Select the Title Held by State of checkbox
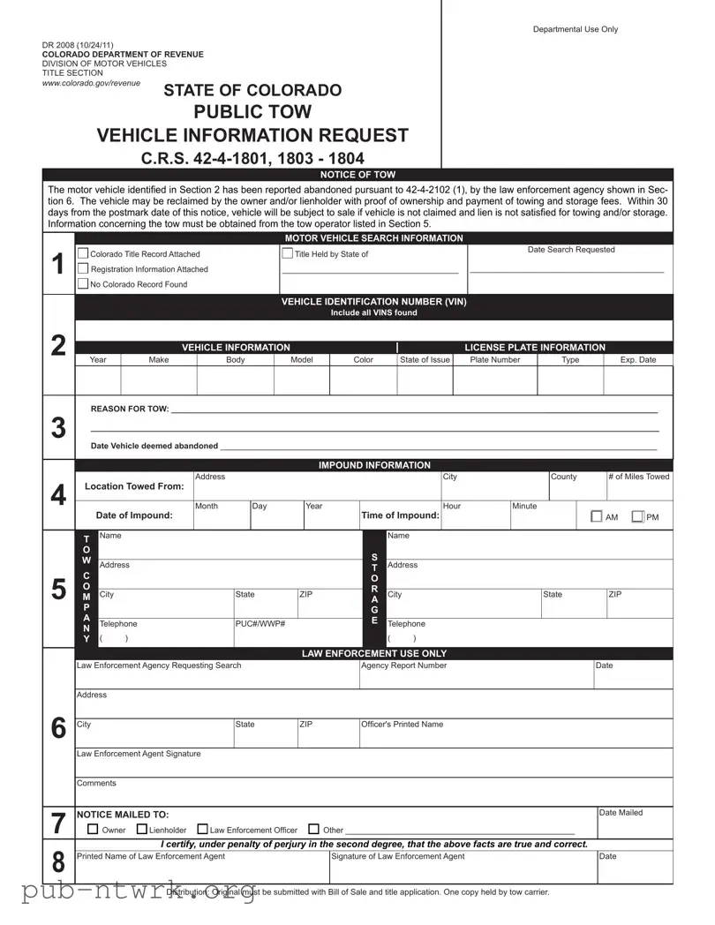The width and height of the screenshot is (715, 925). [288, 254]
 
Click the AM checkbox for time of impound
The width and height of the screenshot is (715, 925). [596, 517]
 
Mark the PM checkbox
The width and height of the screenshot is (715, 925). [637, 517]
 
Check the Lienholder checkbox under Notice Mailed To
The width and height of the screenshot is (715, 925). [142, 830]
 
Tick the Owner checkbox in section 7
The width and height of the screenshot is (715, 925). [94, 830]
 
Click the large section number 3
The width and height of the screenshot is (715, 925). [58, 429]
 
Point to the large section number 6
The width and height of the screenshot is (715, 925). [58, 728]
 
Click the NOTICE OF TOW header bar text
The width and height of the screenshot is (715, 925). [357, 175]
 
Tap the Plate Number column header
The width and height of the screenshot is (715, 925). [495, 360]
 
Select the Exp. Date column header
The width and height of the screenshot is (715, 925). [638, 360]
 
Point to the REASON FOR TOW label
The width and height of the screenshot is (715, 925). [129, 410]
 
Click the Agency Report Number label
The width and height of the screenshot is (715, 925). [403, 666]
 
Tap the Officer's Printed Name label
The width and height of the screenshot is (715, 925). [402, 725]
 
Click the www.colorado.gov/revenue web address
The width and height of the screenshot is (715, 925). [91, 83]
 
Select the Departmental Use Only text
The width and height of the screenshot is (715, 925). [576, 29]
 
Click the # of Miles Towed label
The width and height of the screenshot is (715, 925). [638, 477]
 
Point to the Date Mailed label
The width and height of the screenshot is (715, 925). [621, 813]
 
